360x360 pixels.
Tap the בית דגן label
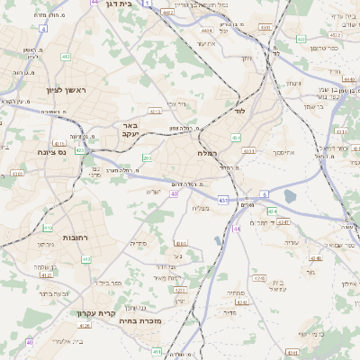click(x=111, y=4)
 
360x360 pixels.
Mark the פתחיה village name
click(x=236, y=293)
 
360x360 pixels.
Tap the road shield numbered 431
click(x=222, y=200)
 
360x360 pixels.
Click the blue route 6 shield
click(x=264, y=193)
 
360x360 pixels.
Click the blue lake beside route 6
click(x=289, y=196)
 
